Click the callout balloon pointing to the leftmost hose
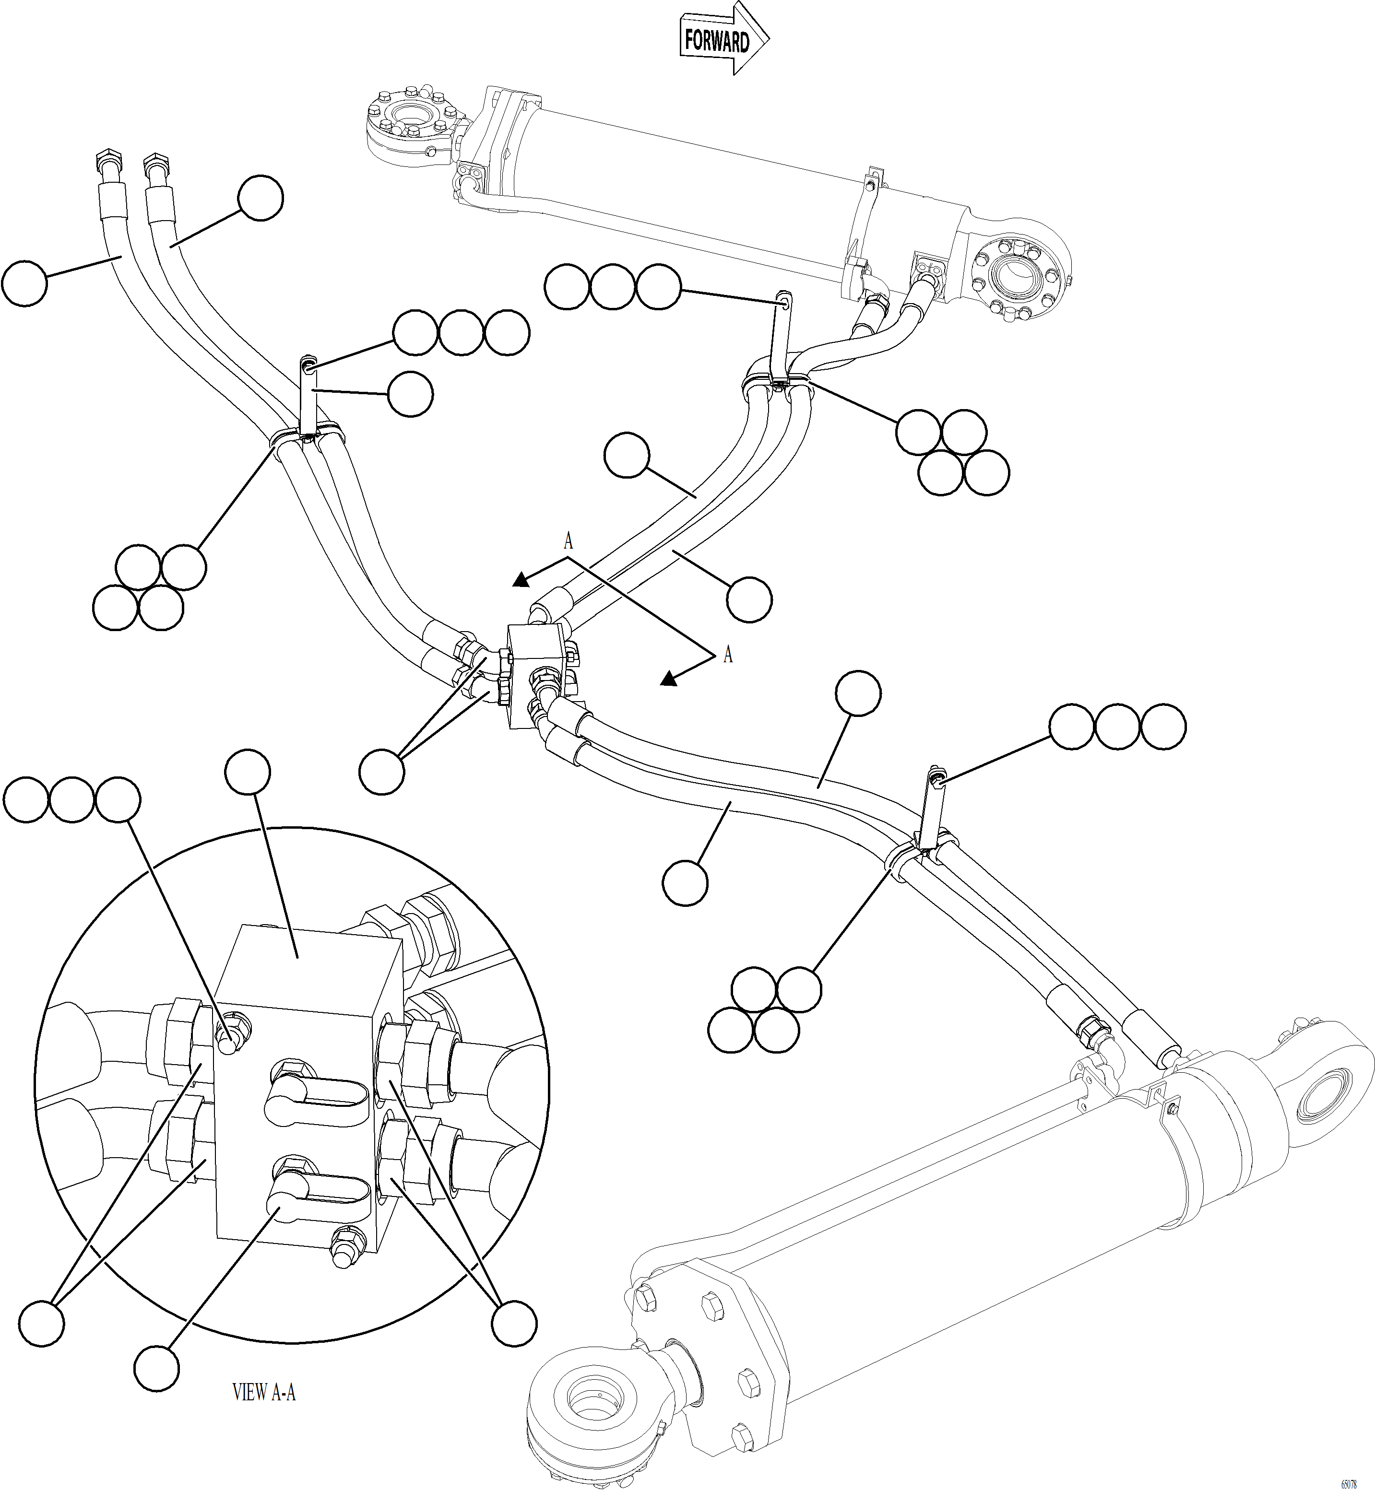[24, 282]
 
